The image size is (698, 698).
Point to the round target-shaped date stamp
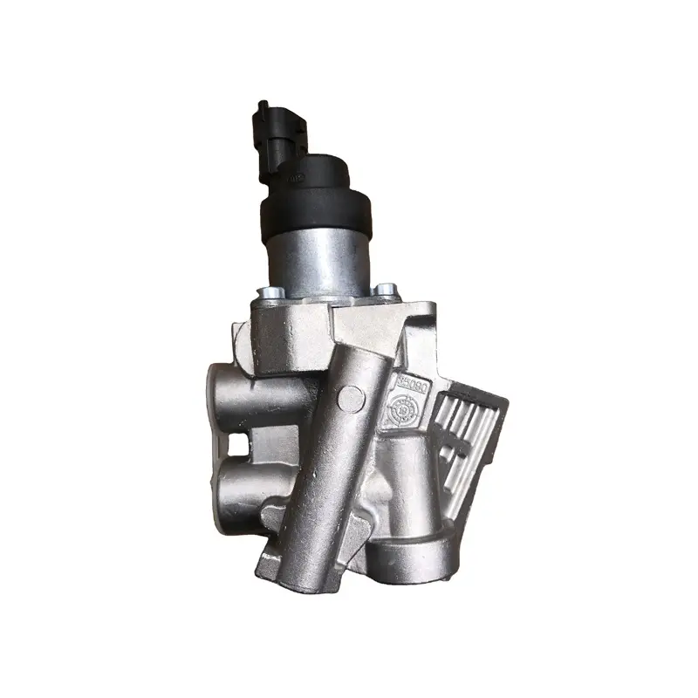coord(404,407)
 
